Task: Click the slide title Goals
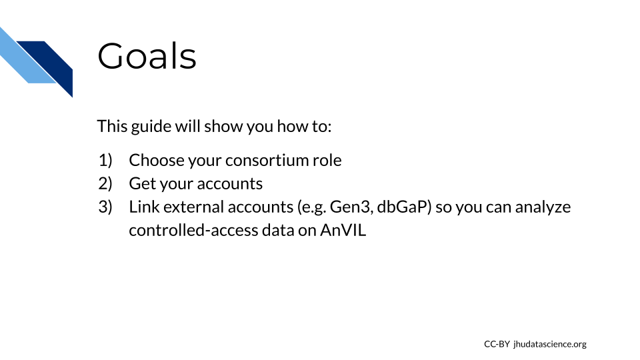(x=147, y=56)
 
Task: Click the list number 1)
(x=105, y=160)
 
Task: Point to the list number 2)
(x=105, y=183)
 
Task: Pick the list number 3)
(x=105, y=207)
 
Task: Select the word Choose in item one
(x=156, y=160)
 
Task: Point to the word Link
(x=144, y=207)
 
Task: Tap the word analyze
(x=543, y=207)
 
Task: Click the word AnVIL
(x=343, y=230)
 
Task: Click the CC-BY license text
(x=497, y=344)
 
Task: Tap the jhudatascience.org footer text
(x=550, y=345)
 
